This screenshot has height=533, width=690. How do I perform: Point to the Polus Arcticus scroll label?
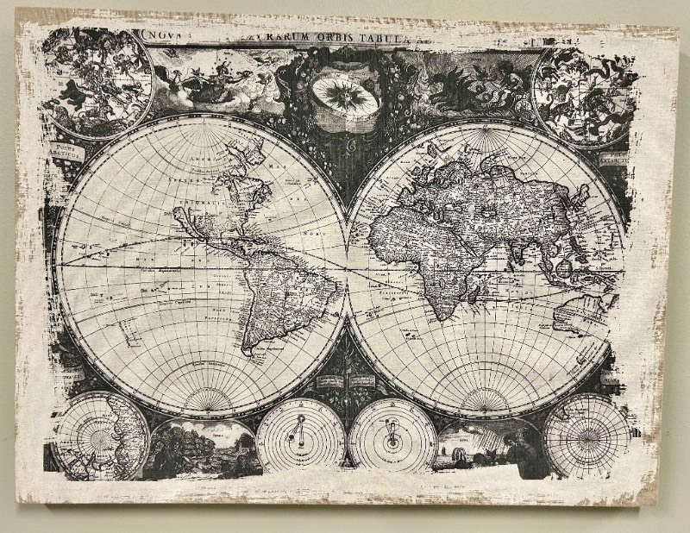point(66,152)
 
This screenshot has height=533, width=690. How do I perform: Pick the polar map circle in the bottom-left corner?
point(100,436)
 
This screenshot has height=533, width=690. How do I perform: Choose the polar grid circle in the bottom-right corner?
point(590,436)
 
